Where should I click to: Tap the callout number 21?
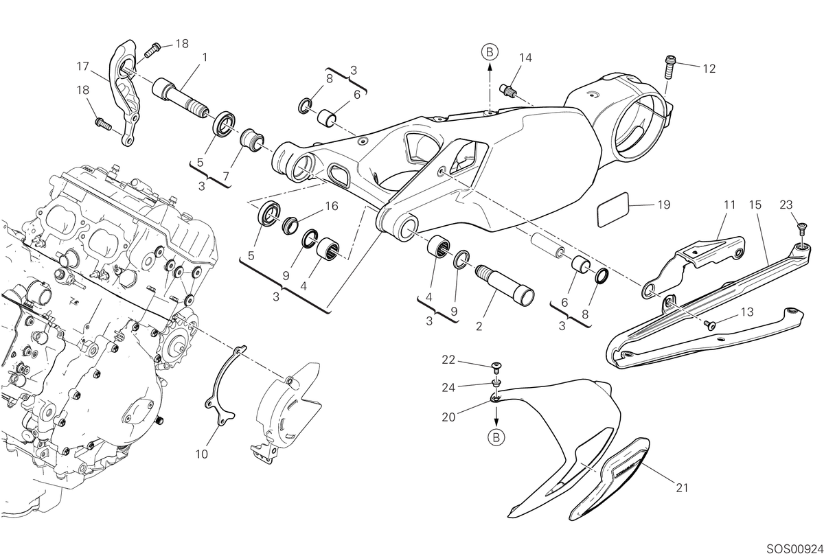coord(682,488)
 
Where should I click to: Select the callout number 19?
coord(663,205)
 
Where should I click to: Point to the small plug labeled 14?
coord(507,89)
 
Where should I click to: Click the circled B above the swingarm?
coord(490,52)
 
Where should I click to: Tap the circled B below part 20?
coord(496,438)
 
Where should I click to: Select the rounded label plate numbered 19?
coord(613,209)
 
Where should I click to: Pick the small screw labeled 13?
coord(708,324)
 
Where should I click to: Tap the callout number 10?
coord(202,454)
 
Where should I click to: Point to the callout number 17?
coord(83,66)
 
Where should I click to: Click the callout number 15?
coord(755,205)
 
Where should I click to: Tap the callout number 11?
coord(729,205)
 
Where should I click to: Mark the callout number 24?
coord(448,388)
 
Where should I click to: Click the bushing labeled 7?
coord(252,141)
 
